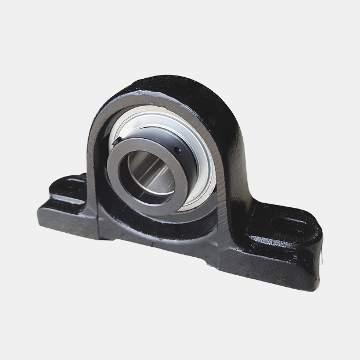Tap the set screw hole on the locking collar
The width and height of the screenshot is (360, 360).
[x=178, y=152]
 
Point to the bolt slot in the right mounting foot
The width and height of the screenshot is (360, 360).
[x=289, y=224]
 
